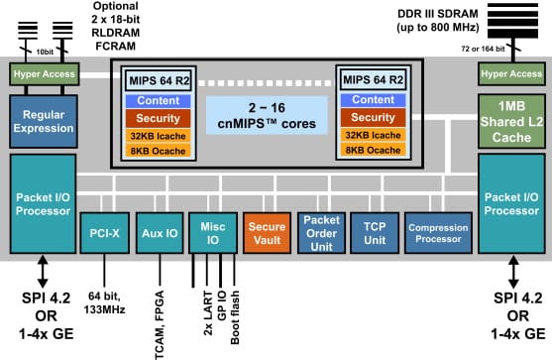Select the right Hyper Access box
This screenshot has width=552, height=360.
pos(509,73)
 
